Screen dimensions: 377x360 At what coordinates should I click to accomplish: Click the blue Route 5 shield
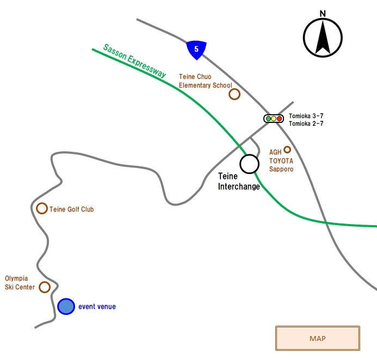[x=196, y=50]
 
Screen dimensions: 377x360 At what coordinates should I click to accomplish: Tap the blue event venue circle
[x=66, y=306]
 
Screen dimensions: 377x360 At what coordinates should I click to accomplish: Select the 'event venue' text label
[x=97, y=307]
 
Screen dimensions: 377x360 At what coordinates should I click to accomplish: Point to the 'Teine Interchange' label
[x=239, y=181]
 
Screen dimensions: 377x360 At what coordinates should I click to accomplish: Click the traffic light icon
[x=274, y=119]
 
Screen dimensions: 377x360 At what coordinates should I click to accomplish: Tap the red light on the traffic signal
[x=280, y=119]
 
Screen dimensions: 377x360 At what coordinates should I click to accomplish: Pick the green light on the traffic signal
[x=268, y=119]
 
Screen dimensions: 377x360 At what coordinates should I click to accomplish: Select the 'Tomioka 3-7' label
[x=306, y=116]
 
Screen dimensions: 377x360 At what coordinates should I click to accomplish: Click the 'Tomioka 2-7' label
[x=306, y=123]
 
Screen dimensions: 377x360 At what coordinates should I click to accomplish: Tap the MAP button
[x=318, y=338]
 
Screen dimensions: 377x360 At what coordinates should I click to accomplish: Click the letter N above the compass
[x=323, y=14]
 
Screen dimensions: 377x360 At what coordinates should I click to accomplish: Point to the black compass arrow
[x=323, y=37]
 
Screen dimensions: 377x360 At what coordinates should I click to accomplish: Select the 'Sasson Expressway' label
[x=135, y=61]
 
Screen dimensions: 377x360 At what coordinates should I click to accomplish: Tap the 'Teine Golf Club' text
[x=72, y=209]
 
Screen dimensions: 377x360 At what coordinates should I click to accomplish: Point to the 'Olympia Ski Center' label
[x=20, y=283]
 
